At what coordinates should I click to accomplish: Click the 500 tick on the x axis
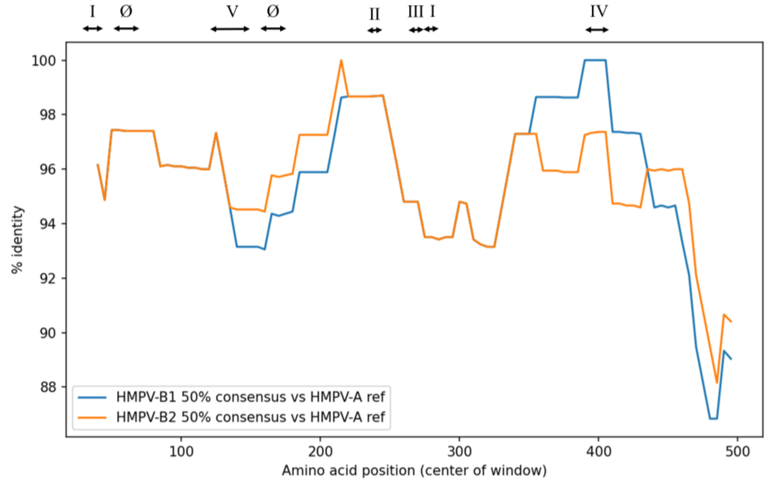(x=737, y=452)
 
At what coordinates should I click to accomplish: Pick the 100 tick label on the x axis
(x=181, y=452)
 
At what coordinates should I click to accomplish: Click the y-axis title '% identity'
(x=18, y=240)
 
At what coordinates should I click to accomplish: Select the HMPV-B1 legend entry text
(x=250, y=397)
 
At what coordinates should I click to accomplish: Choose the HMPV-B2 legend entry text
(x=250, y=417)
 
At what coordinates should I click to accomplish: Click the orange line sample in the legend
(x=92, y=417)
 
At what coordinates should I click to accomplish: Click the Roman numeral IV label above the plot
(x=599, y=11)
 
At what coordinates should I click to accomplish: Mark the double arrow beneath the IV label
(x=597, y=30)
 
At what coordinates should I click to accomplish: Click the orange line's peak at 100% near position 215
(x=341, y=60)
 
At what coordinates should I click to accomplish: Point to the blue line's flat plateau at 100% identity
(x=595, y=60)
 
